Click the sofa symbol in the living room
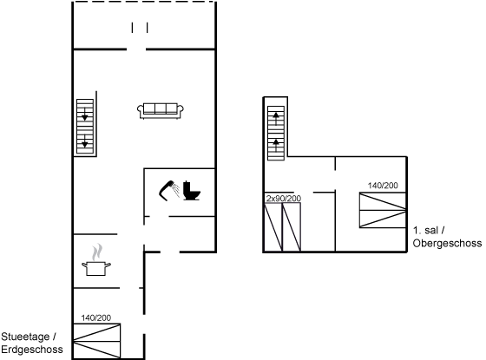161,111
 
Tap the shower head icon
167,190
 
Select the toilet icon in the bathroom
192,191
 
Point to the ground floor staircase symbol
85,127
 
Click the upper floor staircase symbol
276,134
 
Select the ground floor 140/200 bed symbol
96,341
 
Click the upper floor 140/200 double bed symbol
383,210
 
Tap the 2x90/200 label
284,199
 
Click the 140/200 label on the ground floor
96,317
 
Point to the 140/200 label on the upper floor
383,186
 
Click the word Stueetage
25,337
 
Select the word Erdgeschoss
32,350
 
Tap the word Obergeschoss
447,243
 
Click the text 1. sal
425,230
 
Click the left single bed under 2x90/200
273,227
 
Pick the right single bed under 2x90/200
292,227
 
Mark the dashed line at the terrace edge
144,2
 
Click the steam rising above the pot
97,252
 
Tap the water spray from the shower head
176,191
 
